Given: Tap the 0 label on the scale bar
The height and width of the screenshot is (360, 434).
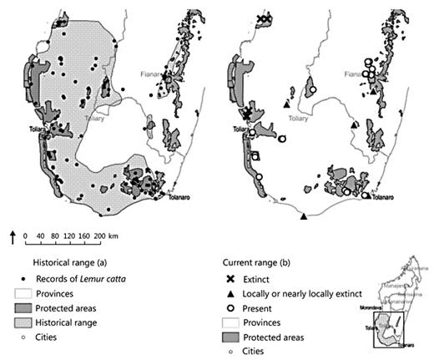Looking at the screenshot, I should (26, 236).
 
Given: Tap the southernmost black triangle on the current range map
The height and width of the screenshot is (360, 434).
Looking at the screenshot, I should (304, 216).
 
